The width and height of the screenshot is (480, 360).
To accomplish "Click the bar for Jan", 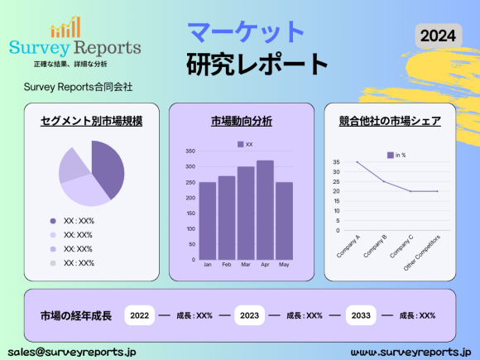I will click(x=207, y=219).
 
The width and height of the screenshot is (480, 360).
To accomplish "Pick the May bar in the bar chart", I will click(x=284, y=219).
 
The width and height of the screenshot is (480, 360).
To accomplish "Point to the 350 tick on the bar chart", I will click(x=190, y=151).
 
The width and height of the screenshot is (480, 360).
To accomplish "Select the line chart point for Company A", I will click(x=358, y=162).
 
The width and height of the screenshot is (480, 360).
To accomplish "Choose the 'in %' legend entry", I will click(x=396, y=155).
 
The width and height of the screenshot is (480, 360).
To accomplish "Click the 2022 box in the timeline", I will click(x=140, y=315).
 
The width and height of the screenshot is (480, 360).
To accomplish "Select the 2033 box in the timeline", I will click(x=360, y=315).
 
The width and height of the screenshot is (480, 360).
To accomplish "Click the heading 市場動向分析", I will click(x=242, y=121).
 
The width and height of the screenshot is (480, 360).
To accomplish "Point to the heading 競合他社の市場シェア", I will click(x=389, y=121).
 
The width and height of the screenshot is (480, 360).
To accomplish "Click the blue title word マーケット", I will click(x=246, y=32).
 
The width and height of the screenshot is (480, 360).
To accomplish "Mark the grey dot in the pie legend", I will click(x=53, y=263).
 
